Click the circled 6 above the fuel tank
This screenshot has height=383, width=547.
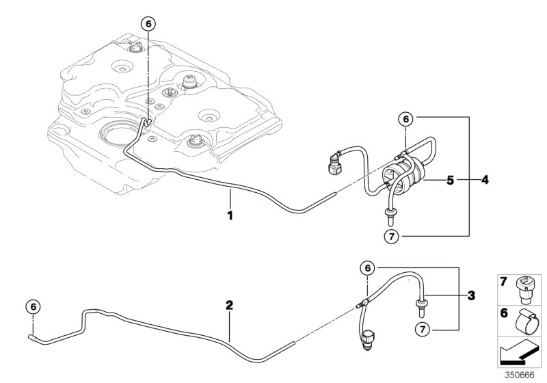[x=148, y=23]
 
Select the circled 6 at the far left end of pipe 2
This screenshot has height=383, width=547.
[x=32, y=306]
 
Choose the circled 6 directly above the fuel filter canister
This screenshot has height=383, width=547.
[x=406, y=119]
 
